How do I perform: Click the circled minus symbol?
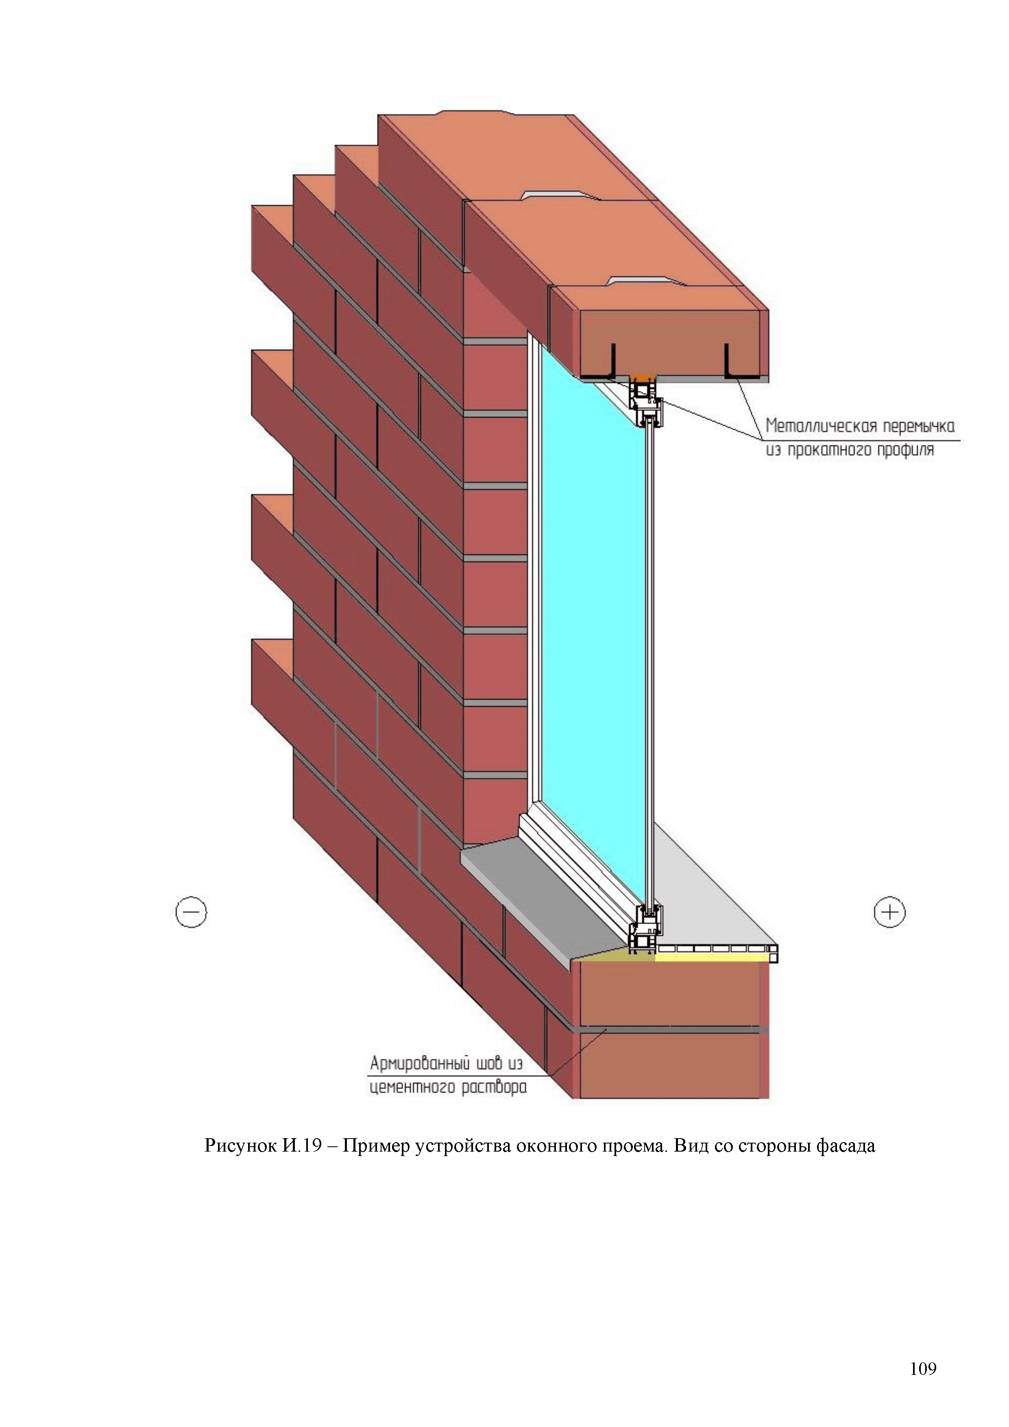191,912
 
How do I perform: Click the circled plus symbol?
890,912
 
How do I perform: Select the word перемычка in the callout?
918,426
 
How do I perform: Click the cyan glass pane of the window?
590,590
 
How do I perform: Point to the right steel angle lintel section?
739,367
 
